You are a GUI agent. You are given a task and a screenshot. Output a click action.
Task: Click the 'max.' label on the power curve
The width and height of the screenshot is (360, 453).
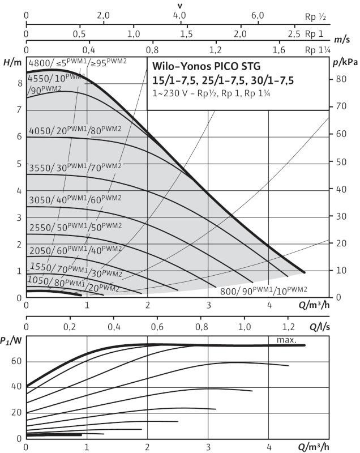287,340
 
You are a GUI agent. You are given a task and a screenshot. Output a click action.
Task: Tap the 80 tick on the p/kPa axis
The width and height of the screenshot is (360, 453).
341,79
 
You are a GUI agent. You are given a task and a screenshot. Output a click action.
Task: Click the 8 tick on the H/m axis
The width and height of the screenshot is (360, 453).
19,83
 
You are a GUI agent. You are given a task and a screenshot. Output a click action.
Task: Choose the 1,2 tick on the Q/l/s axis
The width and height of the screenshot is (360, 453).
288,327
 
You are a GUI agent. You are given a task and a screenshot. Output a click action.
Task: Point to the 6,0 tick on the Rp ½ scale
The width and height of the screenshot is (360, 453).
258,16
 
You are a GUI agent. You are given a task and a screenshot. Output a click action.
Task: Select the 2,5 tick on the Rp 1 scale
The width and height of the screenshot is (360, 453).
293,33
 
